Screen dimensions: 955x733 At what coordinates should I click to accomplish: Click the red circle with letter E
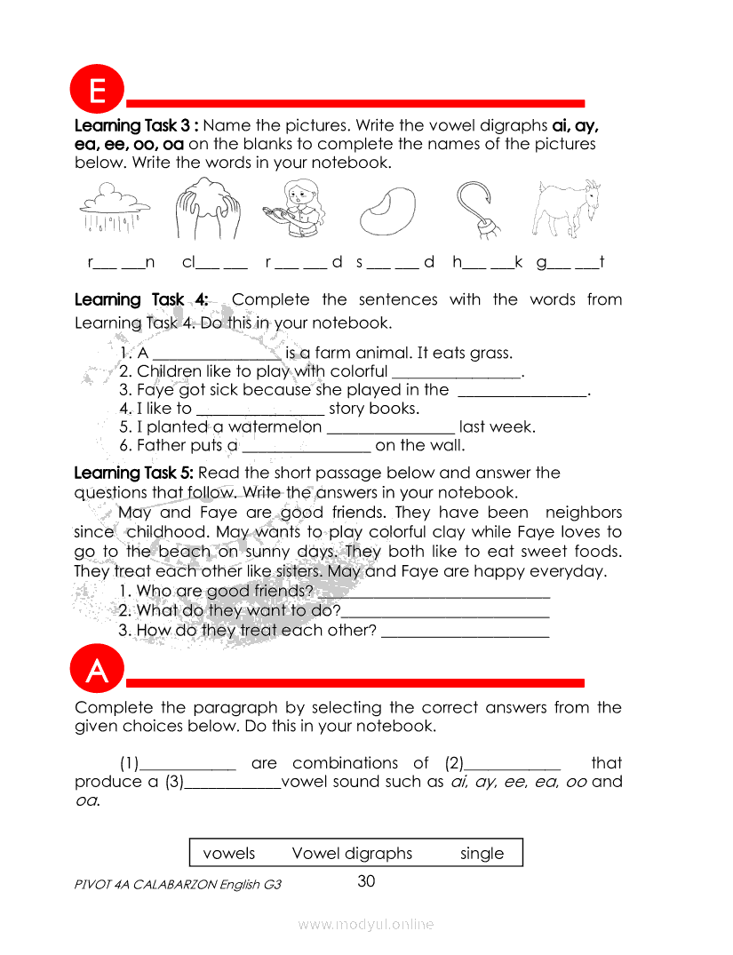(97, 92)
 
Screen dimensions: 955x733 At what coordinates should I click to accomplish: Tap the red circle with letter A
(97, 672)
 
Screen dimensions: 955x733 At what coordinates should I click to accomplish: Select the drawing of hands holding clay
(205, 209)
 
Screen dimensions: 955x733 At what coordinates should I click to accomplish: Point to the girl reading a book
(296, 210)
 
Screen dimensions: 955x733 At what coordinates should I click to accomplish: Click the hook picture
(477, 210)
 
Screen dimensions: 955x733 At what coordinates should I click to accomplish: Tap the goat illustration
(563, 209)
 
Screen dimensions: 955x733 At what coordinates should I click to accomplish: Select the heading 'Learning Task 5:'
(134, 473)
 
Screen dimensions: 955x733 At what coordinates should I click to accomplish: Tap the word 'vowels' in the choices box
(229, 854)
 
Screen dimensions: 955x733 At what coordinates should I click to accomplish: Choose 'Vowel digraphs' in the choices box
(352, 854)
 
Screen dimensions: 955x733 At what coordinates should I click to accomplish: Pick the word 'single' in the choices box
(482, 854)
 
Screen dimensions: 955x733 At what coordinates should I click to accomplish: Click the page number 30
(366, 881)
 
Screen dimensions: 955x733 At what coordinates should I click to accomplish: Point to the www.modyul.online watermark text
(366, 925)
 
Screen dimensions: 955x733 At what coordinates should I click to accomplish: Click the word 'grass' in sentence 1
(491, 354)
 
